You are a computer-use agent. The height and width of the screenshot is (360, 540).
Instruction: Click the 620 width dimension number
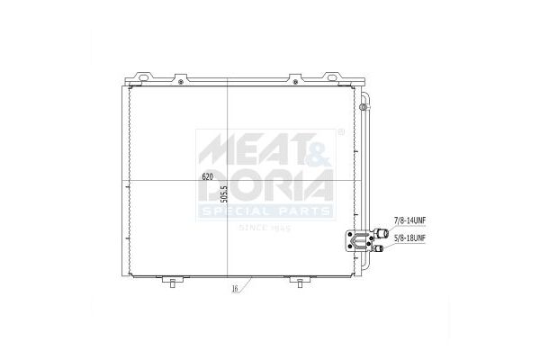(x=207, y=177)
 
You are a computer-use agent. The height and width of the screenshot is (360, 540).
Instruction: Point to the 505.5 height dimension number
(x=224, y=194)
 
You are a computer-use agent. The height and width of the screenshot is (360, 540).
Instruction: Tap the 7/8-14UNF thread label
(x=409, y=220)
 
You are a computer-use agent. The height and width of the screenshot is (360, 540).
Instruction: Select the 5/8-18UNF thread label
(x=409, y=238)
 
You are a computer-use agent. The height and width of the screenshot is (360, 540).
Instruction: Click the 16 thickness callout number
(x=235, y=289)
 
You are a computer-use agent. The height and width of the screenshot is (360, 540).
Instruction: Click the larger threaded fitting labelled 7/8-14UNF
(x=382, y=233)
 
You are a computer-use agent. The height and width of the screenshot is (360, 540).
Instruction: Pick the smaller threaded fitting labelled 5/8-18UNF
(x=379, y=248)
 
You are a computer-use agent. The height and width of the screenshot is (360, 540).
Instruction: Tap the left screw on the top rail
(x=181, y=82)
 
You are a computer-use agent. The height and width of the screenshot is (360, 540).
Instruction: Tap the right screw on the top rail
(x=295, y=82)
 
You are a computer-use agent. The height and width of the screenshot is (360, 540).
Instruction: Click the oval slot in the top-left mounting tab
(x=144, y=77)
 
